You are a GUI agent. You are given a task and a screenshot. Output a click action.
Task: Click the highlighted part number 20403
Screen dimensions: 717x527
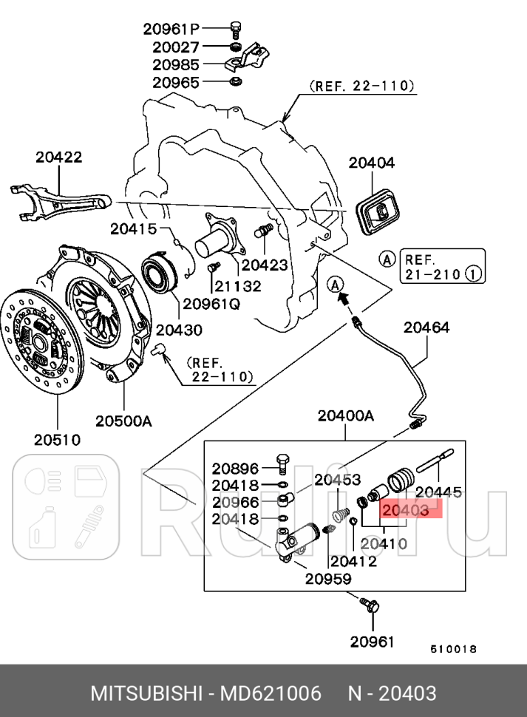coord(404,510)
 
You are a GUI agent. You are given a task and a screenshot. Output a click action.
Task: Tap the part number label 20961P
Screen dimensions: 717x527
coord(171,30)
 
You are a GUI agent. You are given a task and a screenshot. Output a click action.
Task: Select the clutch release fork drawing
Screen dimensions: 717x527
coord(59,200)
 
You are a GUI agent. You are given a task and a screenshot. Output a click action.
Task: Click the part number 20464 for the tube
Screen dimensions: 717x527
coord(425,327)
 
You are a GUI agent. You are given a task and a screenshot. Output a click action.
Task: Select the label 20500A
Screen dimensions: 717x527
coord(123,421)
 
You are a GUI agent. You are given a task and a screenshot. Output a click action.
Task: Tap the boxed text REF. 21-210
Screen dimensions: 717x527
coord(442,267)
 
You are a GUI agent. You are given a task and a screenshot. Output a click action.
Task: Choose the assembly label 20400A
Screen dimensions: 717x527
coord(346,416)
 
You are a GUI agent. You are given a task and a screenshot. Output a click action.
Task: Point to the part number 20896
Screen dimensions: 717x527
coord(235,468)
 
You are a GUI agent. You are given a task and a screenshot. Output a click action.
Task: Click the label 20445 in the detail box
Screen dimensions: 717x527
coord(438,492)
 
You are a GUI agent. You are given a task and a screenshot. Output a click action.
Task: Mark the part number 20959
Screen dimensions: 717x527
coord(327,579)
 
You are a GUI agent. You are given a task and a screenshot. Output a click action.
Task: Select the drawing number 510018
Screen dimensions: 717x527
coord(453,649)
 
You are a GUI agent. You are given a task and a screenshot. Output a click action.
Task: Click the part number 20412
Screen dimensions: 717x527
coord(353,561)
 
